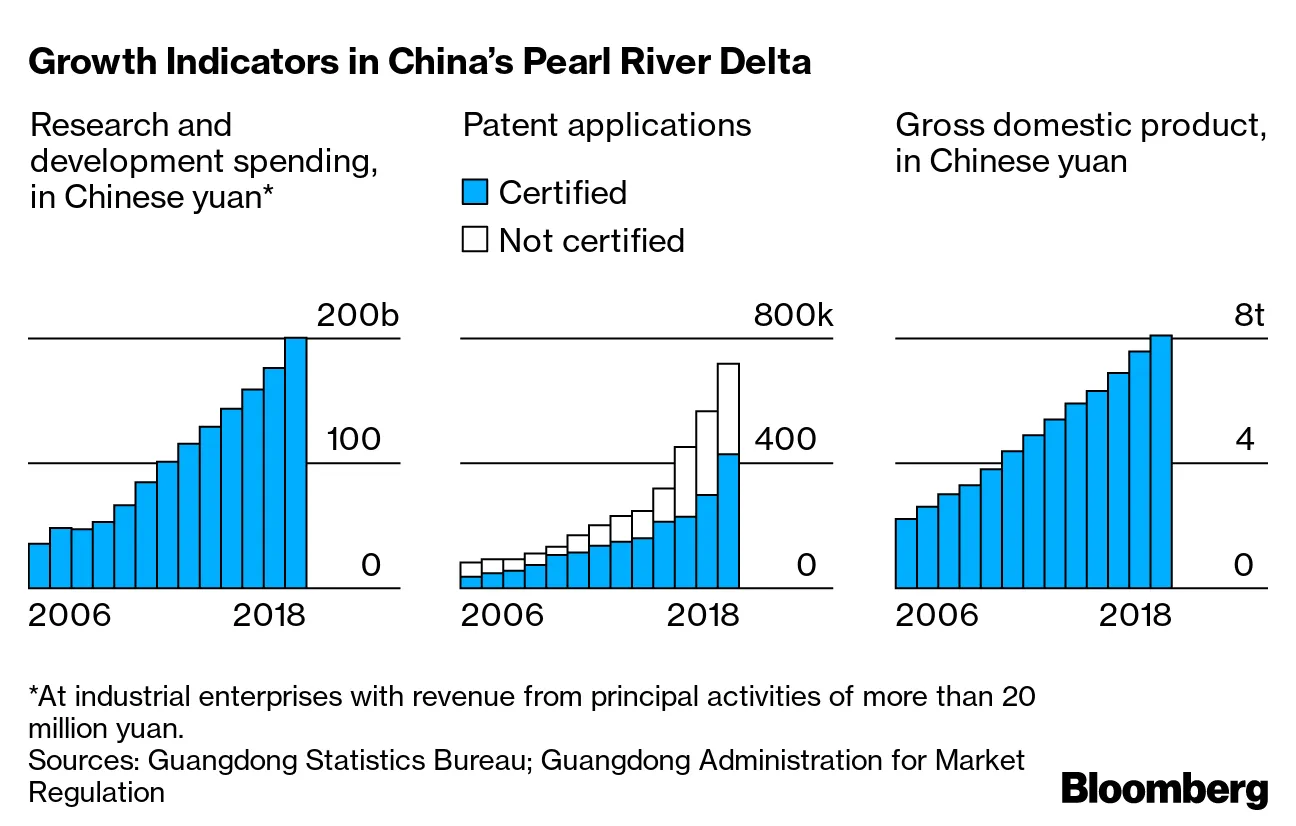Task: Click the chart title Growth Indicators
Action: (420, 62)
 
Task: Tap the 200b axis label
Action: (357, 316)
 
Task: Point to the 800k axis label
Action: (793, 316)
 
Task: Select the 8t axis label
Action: (1249, 316)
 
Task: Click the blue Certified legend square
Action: (475, 192)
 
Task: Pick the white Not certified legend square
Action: (475, 240)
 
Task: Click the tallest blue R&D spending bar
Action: (296, 462)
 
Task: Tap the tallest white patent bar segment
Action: (728, 409)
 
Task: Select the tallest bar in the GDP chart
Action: (1160, 460)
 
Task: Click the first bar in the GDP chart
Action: (906, 552)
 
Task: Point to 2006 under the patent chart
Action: (502, 614)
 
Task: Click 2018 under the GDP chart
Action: (1134, 614)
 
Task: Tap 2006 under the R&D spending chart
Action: (70, 614)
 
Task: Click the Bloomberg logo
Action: (1164, 789)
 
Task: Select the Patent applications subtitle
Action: (607, 126)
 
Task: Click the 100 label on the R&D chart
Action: (353, 440)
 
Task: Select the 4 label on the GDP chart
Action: (1243, 440)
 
